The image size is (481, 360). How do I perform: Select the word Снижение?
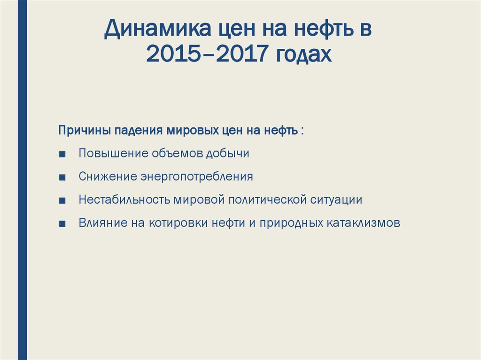tap(107, 177)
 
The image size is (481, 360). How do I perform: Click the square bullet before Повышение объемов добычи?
tap(63, 154)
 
